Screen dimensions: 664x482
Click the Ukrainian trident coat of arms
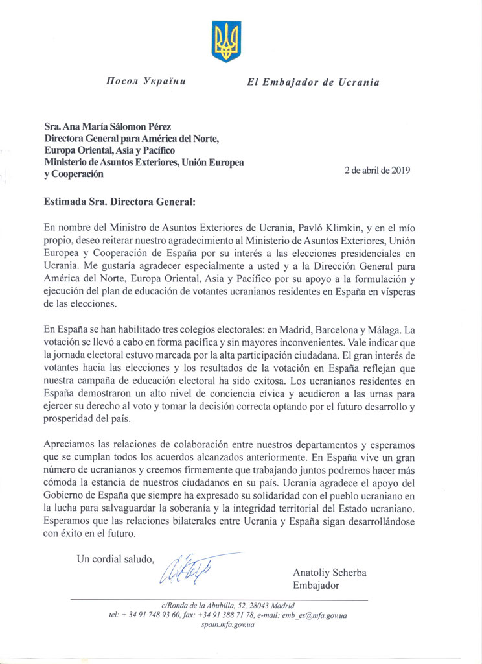click(x=226, y=41)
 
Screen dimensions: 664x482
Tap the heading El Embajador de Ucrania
click(x=313, y=82)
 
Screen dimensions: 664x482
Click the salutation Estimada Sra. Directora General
click(x=119, y=201)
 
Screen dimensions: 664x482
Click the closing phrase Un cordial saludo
click(x=116, y=558)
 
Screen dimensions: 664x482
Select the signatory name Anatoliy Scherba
click(x=329, y=573)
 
